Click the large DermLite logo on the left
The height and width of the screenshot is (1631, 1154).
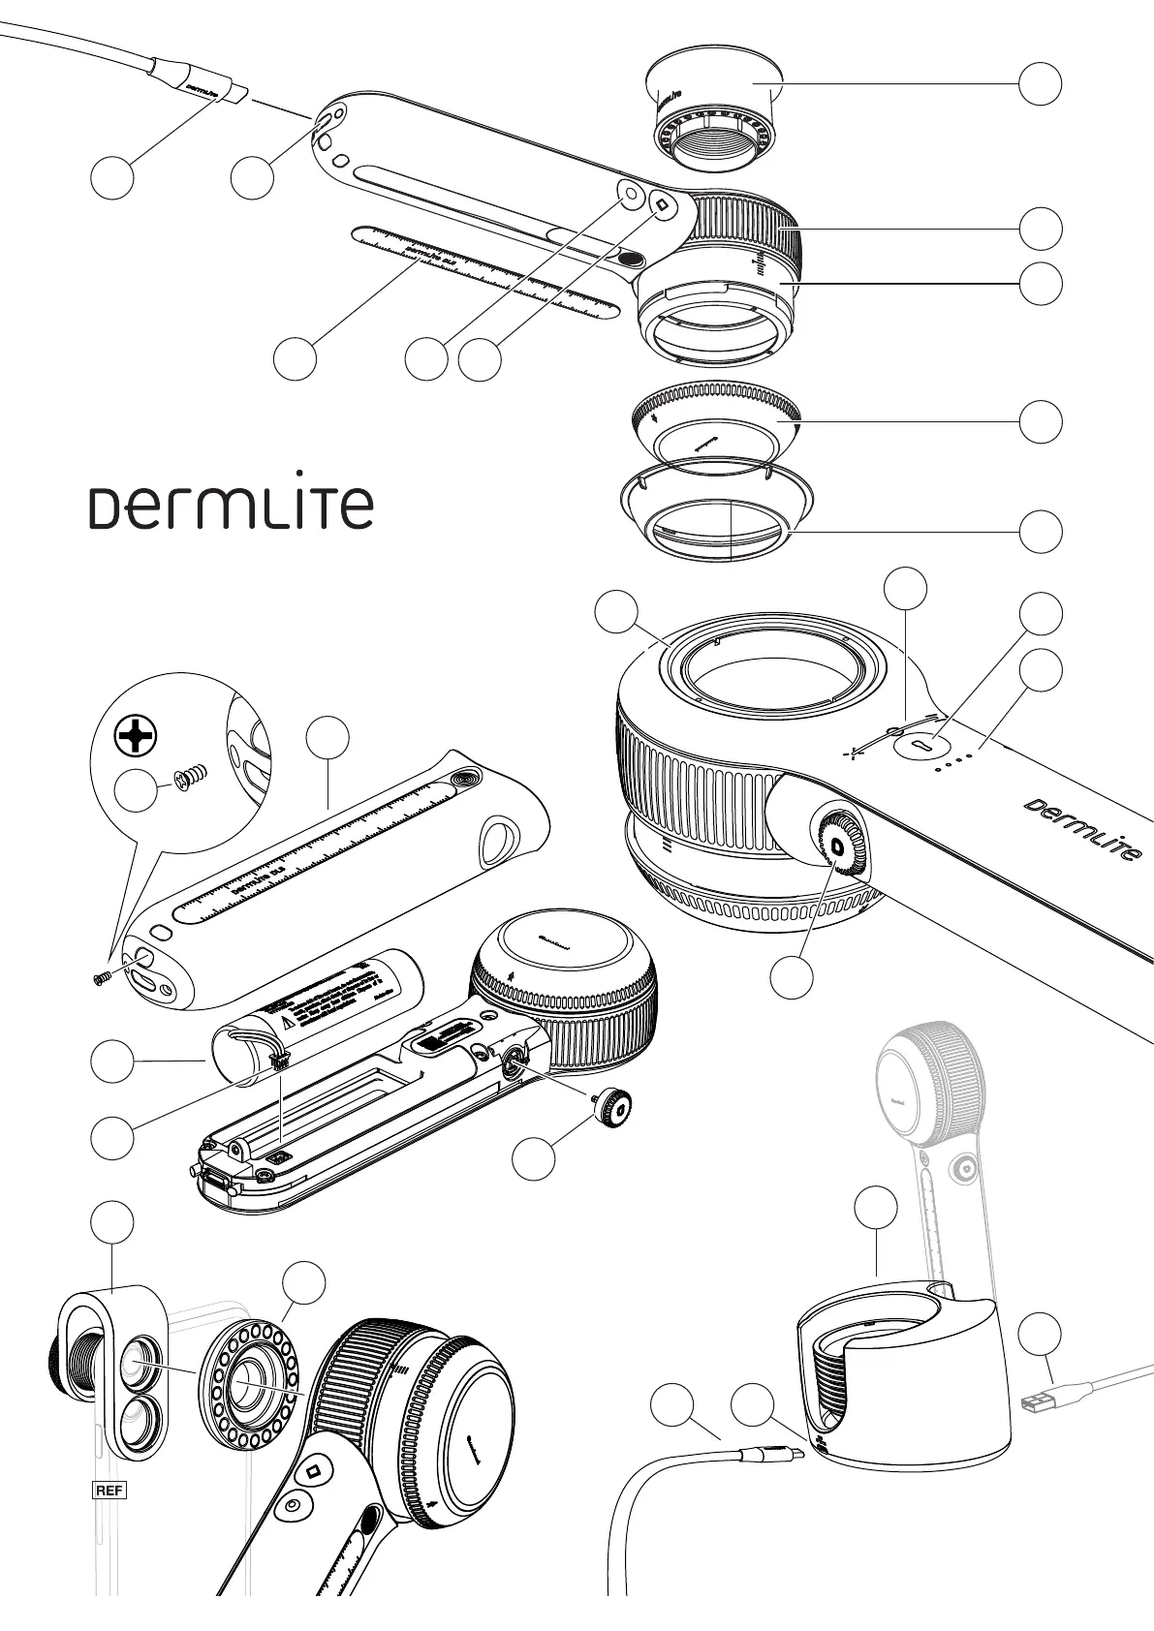click(x=232, y=508)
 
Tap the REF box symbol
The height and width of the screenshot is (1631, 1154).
click(x=109, y=1491)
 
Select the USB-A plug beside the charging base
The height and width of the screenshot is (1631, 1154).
click(x=1043, y=1401)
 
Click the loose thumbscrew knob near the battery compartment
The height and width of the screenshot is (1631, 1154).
click(x=612, y=1105)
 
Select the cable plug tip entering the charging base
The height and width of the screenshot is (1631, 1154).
click(x=793, y=1455)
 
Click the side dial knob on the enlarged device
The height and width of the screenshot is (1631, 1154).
click(x=835, y=844)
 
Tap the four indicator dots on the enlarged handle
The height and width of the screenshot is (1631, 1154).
click(x=952, y=762)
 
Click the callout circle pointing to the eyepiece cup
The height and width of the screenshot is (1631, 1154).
click(x=1041, y=85)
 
